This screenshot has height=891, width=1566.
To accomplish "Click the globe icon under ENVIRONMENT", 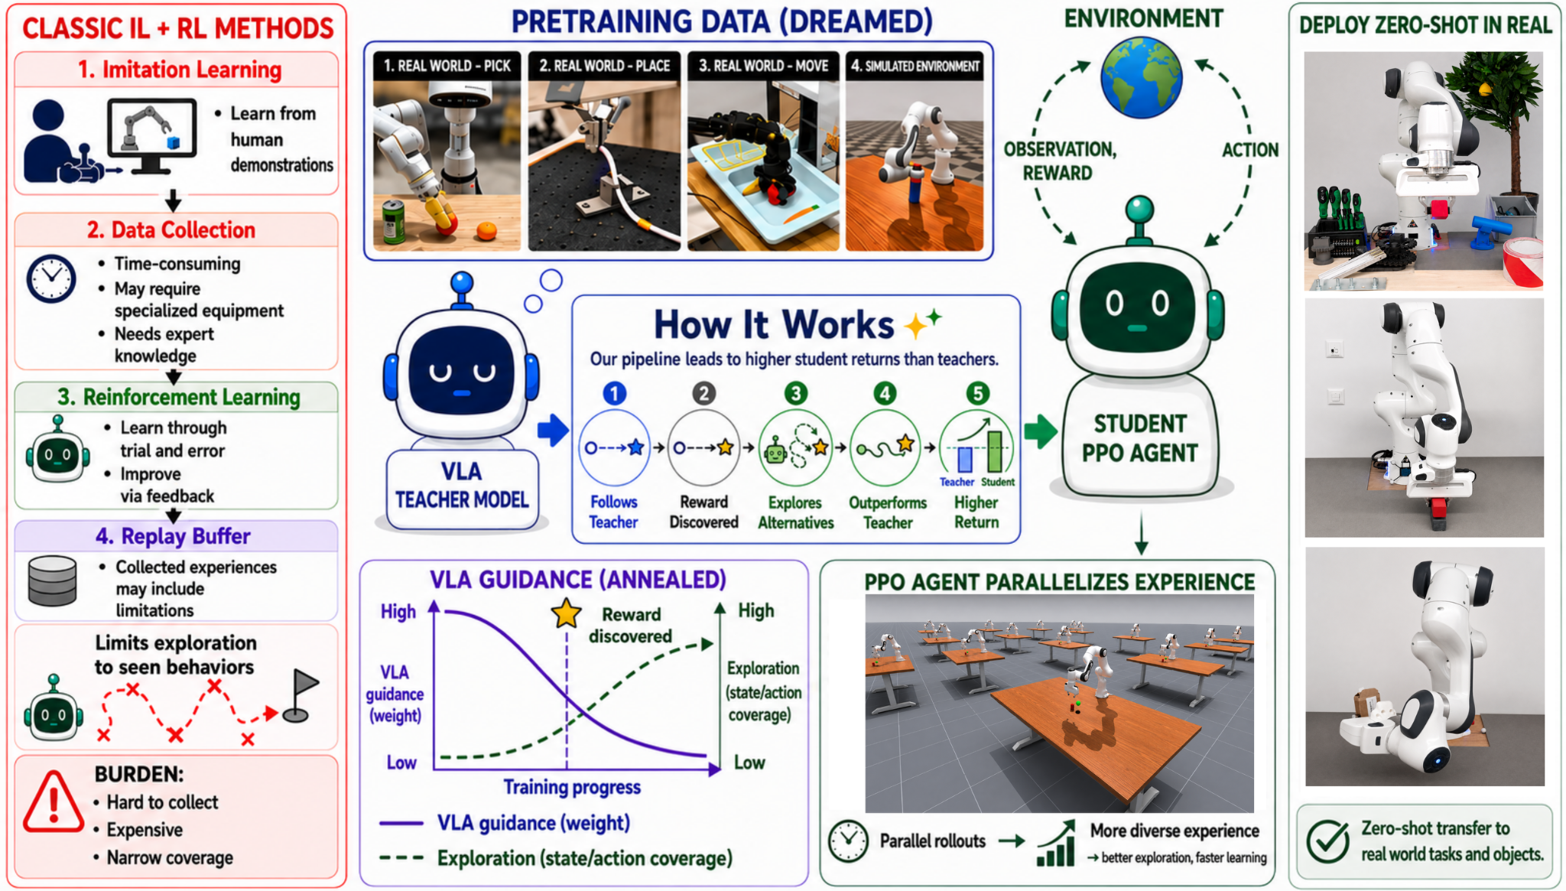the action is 1141,79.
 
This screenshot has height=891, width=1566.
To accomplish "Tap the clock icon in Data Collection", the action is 51,278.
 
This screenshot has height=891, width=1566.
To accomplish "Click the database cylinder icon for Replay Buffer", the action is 52,581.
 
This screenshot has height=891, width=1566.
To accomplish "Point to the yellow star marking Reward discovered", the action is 566,613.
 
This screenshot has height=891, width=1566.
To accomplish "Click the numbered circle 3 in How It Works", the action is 795,393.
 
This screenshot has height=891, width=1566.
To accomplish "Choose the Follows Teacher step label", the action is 613,512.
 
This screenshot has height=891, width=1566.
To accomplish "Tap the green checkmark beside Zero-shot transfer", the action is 1327,841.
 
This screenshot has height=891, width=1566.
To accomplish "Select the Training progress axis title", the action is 572,787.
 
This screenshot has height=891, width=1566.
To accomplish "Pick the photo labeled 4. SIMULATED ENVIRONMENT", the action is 915,151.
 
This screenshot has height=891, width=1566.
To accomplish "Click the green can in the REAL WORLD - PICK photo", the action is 394,223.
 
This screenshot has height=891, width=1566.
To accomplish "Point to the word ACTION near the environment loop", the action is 1250,150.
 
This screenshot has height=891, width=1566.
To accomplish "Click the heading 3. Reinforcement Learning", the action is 179,397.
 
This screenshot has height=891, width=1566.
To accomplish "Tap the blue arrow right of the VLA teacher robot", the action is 553,430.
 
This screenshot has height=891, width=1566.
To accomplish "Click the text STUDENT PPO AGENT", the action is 1139,438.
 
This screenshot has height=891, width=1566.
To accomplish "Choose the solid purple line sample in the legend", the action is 401,824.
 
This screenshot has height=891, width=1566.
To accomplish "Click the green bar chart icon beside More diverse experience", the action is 1056,844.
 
